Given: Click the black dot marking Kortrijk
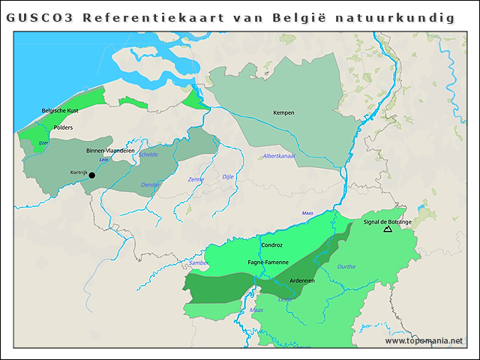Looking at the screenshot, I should point(92,175).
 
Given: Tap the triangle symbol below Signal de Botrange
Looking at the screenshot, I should point(388,229).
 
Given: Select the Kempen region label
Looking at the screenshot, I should point(283,113).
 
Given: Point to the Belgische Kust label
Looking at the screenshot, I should point(60,111).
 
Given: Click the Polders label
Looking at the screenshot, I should point(63,127).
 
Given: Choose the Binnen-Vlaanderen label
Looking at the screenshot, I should point(110,151).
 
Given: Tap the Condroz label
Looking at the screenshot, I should point(271,245).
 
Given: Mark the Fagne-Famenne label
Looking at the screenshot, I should point(268,262).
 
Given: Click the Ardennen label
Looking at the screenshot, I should point(301,281).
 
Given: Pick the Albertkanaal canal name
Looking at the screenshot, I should point(279,156).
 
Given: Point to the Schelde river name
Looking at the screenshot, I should point(148,154).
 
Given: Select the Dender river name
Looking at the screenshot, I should point(151,184).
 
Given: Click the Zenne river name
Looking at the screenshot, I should point(196,179).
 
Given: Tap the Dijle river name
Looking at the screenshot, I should point(228,177).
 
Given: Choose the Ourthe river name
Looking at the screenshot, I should point(346,266).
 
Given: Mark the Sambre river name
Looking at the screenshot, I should point(199,263).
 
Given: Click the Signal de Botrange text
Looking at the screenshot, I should point(387,222).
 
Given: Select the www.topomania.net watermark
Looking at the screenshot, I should point(424,341).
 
